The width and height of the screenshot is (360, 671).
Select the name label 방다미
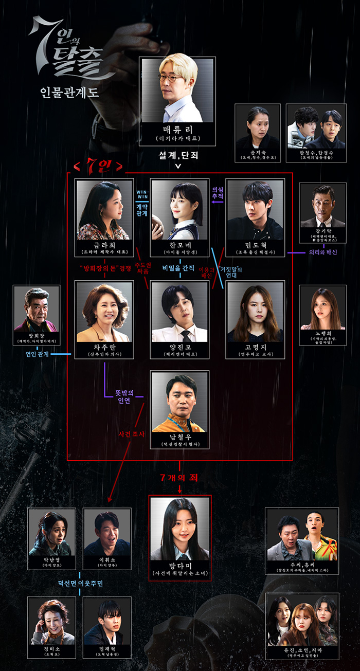179,564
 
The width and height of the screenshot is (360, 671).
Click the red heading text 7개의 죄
179,478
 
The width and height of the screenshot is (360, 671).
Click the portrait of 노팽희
322,309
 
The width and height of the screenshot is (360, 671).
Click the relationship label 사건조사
132,434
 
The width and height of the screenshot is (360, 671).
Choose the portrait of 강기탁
322,201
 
